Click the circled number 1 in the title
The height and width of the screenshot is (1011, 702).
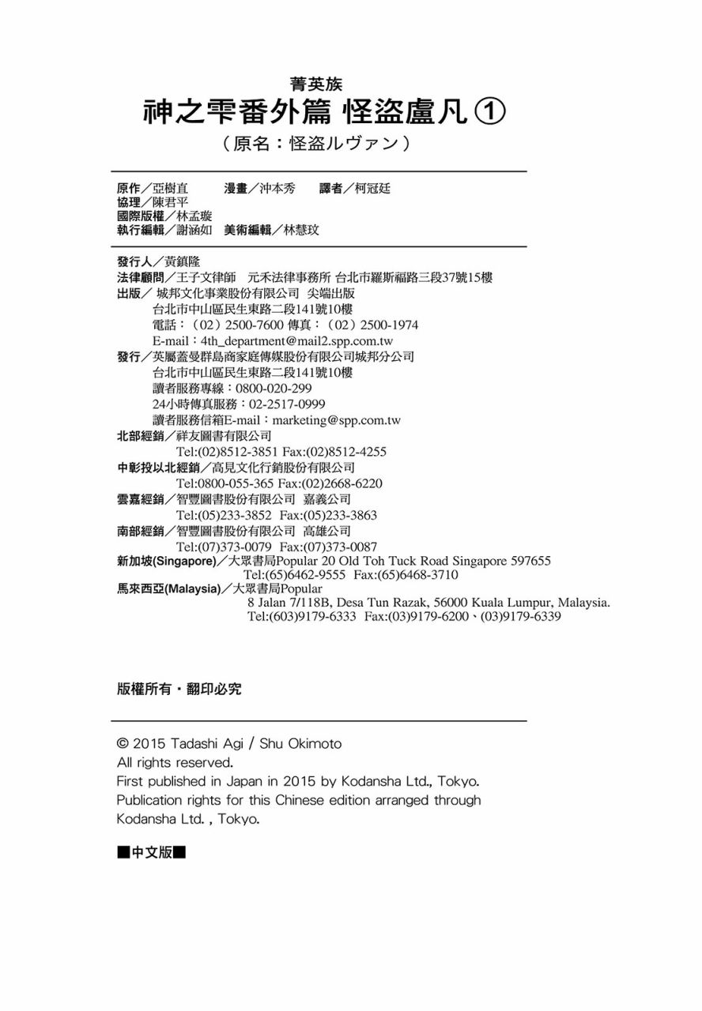(x=489, y=113)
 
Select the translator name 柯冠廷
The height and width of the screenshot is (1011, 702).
(x=372, y=188)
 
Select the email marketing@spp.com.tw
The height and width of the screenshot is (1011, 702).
(x=336, y=420)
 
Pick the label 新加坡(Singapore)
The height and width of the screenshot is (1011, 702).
(x=166, y=562)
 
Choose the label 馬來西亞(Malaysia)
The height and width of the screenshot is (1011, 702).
(x=168, y=588)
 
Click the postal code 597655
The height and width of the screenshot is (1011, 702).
(x=530, y=561)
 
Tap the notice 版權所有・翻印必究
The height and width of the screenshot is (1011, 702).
(x=179, y=689)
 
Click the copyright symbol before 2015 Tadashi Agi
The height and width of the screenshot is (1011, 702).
(x=123, y=744)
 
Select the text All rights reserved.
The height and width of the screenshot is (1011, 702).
(x=174, y=763)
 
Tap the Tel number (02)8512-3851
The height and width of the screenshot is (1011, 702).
(x=227, y=452)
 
